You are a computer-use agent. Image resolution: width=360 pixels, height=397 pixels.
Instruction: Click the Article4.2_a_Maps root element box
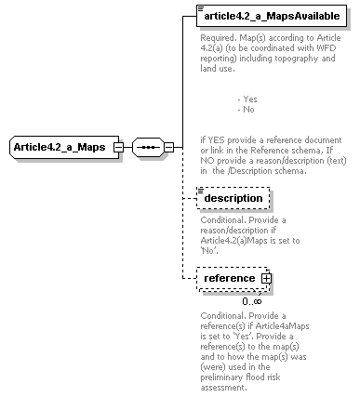60,147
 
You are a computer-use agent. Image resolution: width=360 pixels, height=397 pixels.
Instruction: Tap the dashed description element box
233,198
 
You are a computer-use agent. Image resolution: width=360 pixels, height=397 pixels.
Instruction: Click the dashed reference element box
229,277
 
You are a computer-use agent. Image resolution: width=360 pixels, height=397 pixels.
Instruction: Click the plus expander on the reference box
265,278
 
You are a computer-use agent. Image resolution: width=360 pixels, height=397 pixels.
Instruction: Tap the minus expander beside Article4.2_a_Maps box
118,147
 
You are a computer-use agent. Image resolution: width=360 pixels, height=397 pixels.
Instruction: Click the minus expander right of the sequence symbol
168,147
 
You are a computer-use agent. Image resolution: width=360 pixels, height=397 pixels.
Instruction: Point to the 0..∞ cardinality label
251,300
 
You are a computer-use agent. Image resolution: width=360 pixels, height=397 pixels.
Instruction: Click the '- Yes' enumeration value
247,99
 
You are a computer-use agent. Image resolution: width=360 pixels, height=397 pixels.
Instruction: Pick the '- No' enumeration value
246,109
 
